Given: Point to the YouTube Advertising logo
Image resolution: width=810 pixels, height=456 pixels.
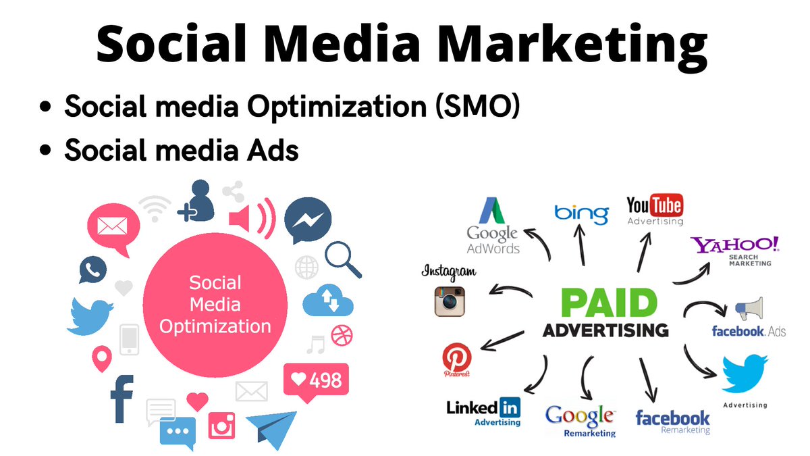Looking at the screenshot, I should pyautogui.click(x=655, y=209).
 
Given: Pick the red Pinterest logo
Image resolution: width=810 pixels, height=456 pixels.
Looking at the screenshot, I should pyautogui.click(x=457, y=359).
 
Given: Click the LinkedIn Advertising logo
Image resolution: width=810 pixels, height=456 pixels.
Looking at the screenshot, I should pyautogui.click(x=484, y=411).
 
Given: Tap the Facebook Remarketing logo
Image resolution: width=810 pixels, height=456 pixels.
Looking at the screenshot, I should pyautogui.click(x=672, y=421).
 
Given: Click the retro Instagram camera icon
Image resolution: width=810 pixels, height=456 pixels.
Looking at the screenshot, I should pyautogui.click(x=450, y=301).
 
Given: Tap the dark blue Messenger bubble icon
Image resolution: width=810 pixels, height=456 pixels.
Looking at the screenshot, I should pyautogui.click(x=307, y=221).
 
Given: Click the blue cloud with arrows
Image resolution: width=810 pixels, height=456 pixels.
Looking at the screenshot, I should pyautogui.click(x=329, y=301).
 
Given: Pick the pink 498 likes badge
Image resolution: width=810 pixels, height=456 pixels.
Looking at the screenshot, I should pyautogui.click(x=315, y=380).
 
